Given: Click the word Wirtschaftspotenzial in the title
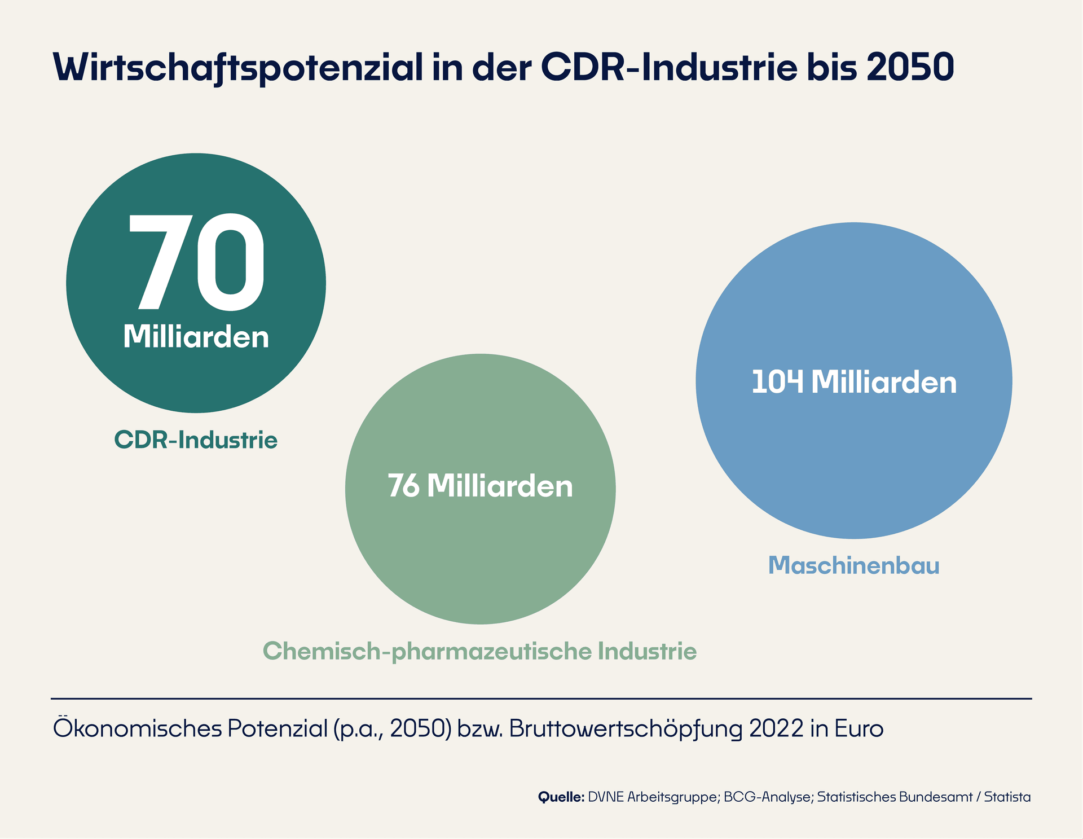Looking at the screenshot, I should point(237,68).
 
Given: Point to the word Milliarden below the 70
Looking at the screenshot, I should point(196,337).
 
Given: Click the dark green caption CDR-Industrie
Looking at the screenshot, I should point(196,440).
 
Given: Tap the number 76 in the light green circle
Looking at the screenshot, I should point(404,486).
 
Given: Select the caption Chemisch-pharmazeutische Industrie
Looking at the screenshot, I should point(480,651).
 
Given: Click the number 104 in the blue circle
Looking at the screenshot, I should point(777,382).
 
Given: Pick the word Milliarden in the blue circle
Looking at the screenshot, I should point(884,382).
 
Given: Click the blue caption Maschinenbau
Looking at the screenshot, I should point(853,565).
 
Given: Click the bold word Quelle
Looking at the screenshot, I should point(561,797).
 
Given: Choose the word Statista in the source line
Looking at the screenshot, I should point(1007,797).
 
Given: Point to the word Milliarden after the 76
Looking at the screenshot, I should point(500,486).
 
